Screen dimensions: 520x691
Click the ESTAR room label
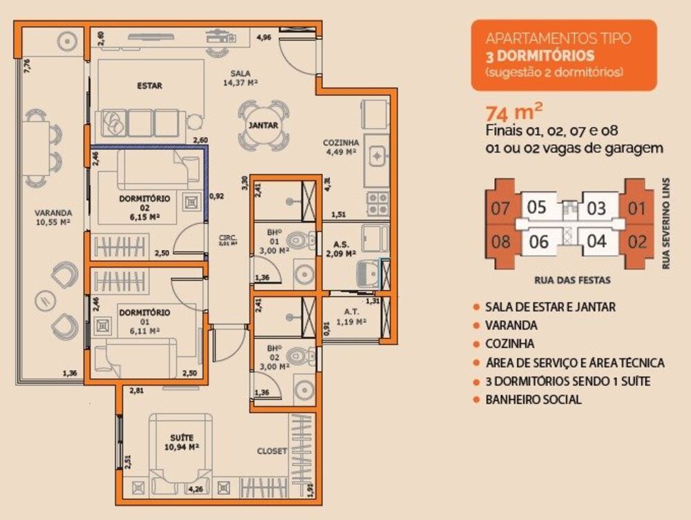149,86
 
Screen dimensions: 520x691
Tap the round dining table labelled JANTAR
263,126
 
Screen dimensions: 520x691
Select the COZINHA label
340,143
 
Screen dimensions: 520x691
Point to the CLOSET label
272,451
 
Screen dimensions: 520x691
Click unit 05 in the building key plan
537,207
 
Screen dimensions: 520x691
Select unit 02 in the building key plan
638,242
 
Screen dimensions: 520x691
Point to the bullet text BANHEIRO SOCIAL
533,399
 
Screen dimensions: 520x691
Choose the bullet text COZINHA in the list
510,343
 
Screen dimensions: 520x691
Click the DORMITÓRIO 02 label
144,199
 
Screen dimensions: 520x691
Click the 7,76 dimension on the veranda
27,66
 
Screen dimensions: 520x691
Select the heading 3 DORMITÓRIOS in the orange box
540,55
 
